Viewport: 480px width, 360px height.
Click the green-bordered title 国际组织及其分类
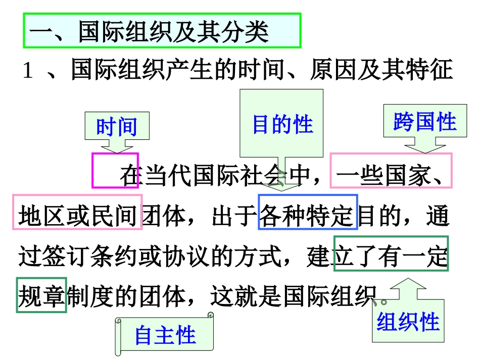(162, 31)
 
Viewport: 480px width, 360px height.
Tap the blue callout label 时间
(117, 126)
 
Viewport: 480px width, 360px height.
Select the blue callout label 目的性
(282, 124)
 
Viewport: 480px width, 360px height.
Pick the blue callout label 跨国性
(424, 122)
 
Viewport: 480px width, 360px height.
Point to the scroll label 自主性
(165, 335)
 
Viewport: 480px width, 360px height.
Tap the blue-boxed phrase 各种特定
(308, 212)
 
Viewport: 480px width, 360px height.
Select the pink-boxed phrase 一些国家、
(391, 171)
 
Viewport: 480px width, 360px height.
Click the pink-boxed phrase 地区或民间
(77, 212)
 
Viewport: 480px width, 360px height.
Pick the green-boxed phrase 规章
(41, 295)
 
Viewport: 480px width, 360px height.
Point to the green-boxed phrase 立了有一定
(391, 253)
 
